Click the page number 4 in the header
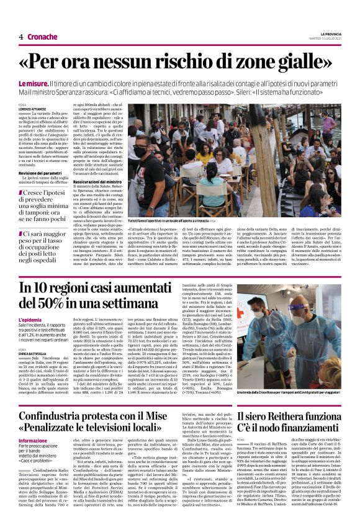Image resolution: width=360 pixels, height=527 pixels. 20,37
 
